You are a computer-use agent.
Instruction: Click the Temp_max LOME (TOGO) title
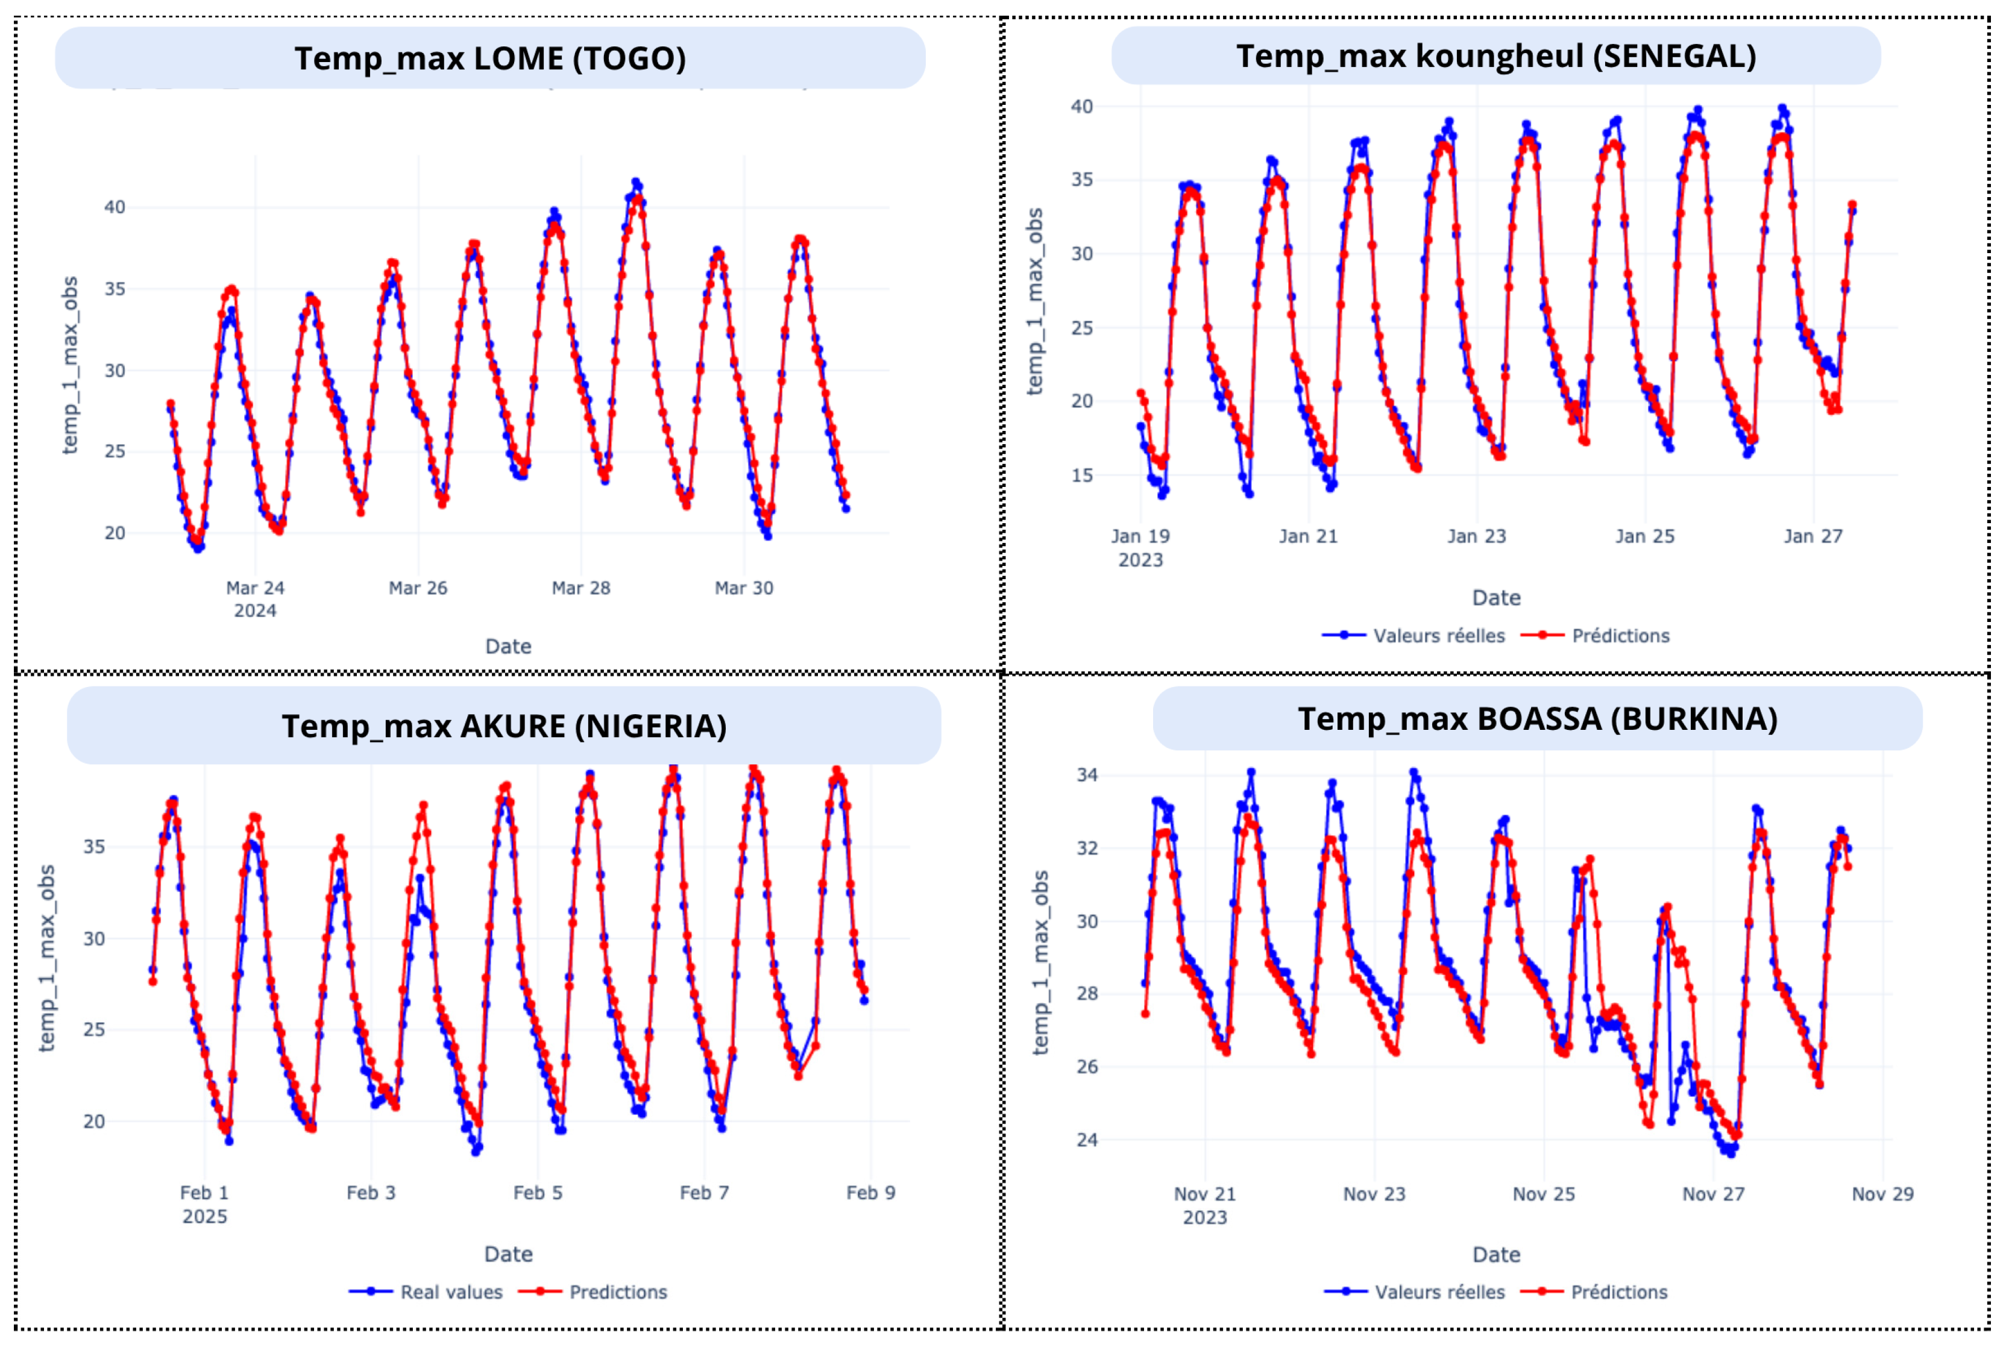click(490, 58)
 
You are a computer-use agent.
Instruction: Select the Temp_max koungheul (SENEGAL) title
click(1495, 56)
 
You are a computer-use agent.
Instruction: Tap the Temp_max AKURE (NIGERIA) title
click(504, 726)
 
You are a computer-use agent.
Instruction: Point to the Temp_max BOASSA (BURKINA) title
click(1538, 719)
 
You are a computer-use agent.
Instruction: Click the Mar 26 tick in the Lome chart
click(418, 588)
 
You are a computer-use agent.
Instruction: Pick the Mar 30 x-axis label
click(744, 588)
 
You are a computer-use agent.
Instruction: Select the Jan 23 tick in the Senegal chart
click(1477, 536)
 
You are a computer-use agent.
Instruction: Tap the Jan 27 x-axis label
click(1813, 536)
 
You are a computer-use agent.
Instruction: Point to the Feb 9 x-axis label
click(870, 1193)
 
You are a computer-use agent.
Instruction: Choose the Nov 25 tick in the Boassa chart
click(1544, 1194)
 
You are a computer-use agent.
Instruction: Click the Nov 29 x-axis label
click(1883, 1194)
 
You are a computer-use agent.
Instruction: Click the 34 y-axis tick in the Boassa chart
click(1087, 775)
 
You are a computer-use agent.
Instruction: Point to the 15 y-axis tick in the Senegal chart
click(1081, 476)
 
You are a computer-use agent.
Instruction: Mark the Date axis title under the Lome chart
click(508, 647)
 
